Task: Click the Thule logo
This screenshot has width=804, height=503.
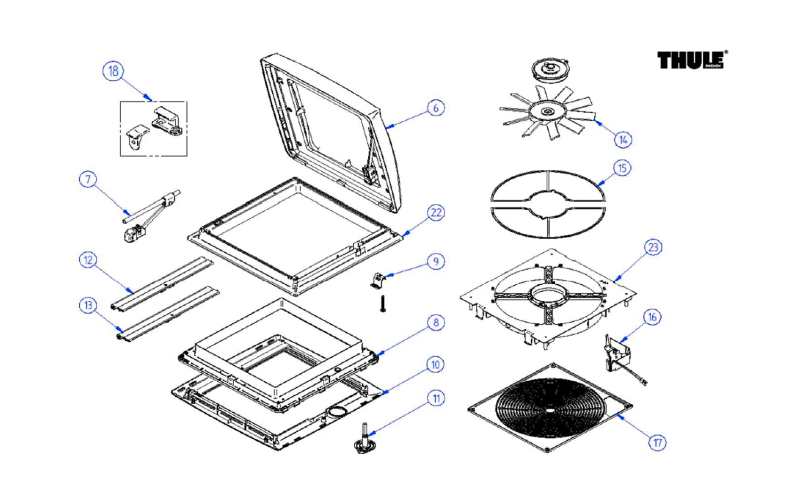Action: pyautogui.click(x=691, y=60)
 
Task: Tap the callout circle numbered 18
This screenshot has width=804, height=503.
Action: pyautogui.click(x=113, y=71)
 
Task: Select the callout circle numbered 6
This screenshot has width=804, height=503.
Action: pyautogui.click(x=436, y=108)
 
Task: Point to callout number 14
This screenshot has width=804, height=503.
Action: pyautogui.click(x=623, y=140)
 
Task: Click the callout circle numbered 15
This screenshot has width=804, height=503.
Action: pyautogui.click(x=622, y=168)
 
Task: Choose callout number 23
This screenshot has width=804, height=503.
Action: pyautogui.click(x=653, y=247)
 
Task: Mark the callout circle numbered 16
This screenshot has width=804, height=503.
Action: pyautogui.click(x=652, y=317)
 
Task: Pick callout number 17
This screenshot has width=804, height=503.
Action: pyautogui.click(x=658, y=442)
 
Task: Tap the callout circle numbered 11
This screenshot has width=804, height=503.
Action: pyautogui.click(x=436, y=398)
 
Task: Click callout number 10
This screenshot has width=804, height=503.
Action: pyautogui.click(x=436, y=365)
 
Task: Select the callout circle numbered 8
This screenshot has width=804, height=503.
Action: pyautogui.click(x=436, y=322)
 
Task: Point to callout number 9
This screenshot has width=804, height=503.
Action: pyautogui.click(x=436, y=262)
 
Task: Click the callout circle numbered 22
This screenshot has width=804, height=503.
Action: pyautogui.click(x=436, y=213)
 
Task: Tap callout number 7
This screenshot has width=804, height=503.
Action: pyautogui.click(x=88, y=179)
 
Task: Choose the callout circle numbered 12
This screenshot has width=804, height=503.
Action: pyautogui.click(x=88, y=260)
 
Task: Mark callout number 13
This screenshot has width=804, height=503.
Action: pyautogui.click(x=88, y=305)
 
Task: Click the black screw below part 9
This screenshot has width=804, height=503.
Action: pyautogui.click(x=383, y=304)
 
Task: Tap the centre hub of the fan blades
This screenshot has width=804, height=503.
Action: pyautogui.click(x=548, y=112)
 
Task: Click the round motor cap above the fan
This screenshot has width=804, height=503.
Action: pyautogui.click(x=548, y=69)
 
